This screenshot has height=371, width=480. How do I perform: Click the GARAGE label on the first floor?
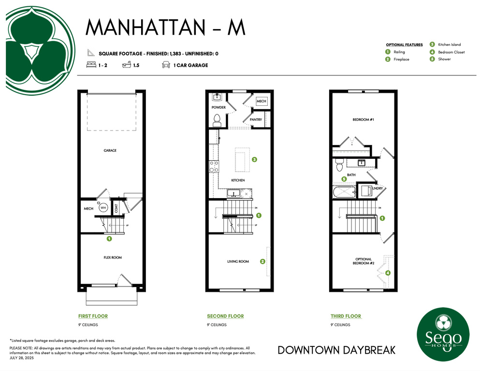(x=110, y=151)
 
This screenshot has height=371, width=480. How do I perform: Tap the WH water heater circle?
(x=103, y=208)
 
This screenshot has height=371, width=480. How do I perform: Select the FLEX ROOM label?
(x=113, y=257)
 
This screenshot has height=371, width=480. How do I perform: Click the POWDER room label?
(x=218, y=107)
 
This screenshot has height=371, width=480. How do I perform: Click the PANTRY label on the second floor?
(x=256, y=120)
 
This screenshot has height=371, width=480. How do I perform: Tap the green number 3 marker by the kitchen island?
(x=254, y=159)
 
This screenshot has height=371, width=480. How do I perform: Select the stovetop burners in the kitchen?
(x=214, y=166)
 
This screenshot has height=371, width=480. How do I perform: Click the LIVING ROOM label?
(x=238, y=261)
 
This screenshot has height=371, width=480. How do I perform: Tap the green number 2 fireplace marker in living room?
(x=262, y=261)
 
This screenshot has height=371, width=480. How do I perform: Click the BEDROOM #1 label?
(x=363, y=120)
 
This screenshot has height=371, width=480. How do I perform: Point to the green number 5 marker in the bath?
(x=344, y=179)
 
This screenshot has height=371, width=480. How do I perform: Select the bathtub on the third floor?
(x=344, y=192)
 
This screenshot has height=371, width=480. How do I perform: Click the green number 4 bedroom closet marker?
(x=388, y=273)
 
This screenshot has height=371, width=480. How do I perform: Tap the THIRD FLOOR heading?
(x=346, y=316)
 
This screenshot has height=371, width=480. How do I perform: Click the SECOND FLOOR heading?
(x=225, y=316)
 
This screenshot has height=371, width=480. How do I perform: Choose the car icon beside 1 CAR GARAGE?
(x=166, y=65)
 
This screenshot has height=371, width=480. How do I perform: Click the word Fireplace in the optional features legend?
(x=401, y=59)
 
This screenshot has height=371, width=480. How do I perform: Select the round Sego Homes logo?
(x=443, y=334)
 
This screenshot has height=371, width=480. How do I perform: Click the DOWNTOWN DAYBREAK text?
(x=336, y=350)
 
